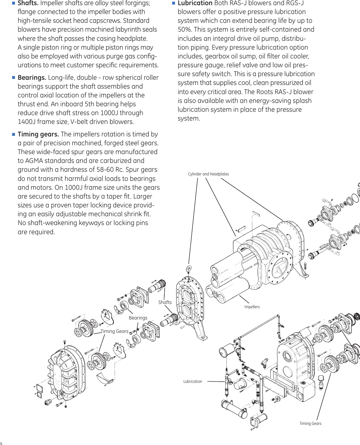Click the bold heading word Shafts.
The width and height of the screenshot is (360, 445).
28,3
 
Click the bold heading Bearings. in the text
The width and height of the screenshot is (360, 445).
32,78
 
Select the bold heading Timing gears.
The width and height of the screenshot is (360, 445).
38,134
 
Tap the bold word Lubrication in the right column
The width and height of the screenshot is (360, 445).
195,3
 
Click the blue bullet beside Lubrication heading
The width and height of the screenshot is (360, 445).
173,3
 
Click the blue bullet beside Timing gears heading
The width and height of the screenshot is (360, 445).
13,134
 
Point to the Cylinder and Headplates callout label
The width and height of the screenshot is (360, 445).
208,174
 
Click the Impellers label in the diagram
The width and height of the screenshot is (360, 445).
252,307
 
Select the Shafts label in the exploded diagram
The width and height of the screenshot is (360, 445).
165,302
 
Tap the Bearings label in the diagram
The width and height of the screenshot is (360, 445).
138,318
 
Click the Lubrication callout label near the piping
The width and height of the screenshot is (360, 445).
192,381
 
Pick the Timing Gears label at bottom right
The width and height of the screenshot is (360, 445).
310,423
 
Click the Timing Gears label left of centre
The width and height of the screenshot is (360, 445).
114,331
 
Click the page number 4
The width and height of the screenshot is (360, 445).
1,443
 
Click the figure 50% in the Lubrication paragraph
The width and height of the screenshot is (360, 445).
184,30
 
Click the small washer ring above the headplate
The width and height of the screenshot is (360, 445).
189,269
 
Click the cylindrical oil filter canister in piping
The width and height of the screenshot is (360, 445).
226,350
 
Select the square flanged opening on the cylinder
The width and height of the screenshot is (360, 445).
280,267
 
